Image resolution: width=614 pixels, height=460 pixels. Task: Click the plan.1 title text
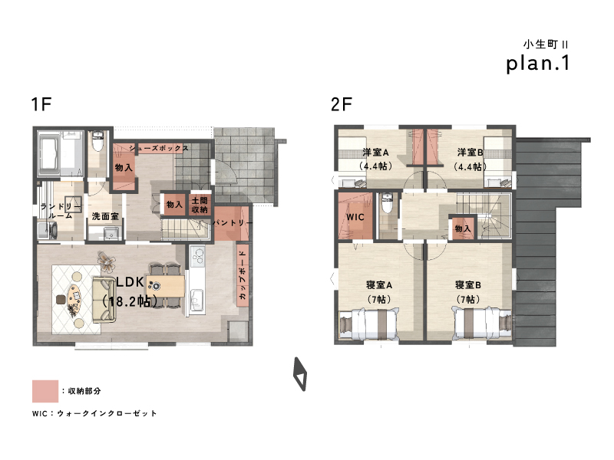538,64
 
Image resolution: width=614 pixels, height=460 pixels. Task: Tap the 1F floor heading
41,104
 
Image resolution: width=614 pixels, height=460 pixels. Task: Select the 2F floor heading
342,104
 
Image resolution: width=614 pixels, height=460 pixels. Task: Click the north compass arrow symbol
300,373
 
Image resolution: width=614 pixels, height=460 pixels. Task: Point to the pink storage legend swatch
45,391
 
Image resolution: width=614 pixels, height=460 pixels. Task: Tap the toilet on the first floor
97,141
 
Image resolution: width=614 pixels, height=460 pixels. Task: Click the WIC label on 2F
355,217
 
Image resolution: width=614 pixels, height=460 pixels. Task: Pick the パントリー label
233,222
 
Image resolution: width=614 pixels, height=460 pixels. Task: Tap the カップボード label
243,275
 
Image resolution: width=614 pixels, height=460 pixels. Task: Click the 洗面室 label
105,216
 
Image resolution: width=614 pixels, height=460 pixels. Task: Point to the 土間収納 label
200,205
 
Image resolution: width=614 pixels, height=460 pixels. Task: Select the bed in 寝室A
368,324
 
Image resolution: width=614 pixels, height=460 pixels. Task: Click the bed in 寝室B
482,324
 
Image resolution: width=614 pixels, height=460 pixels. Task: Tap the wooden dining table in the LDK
166,286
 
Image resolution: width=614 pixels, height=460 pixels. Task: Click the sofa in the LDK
104,299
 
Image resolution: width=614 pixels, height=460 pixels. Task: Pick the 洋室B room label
470,152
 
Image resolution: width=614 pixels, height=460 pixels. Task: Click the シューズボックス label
159,148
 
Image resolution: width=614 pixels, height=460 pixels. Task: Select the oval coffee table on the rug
74,299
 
